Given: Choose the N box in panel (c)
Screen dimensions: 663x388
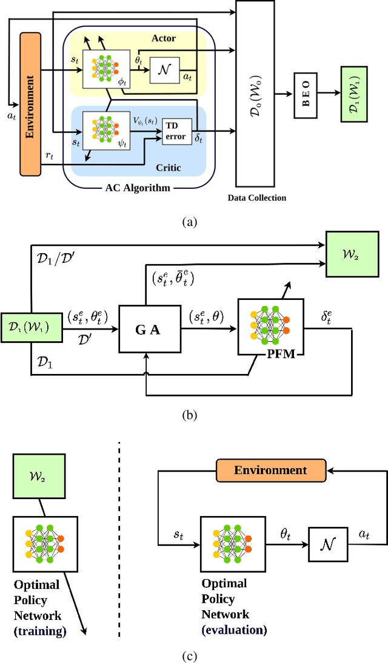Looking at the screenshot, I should (x=328, y=539).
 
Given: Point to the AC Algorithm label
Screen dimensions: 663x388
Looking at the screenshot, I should (x=136, y=188).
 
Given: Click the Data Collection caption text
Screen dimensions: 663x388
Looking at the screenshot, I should (x=256, y=197).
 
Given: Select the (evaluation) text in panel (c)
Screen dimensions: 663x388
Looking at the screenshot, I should (x=234, y=630).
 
